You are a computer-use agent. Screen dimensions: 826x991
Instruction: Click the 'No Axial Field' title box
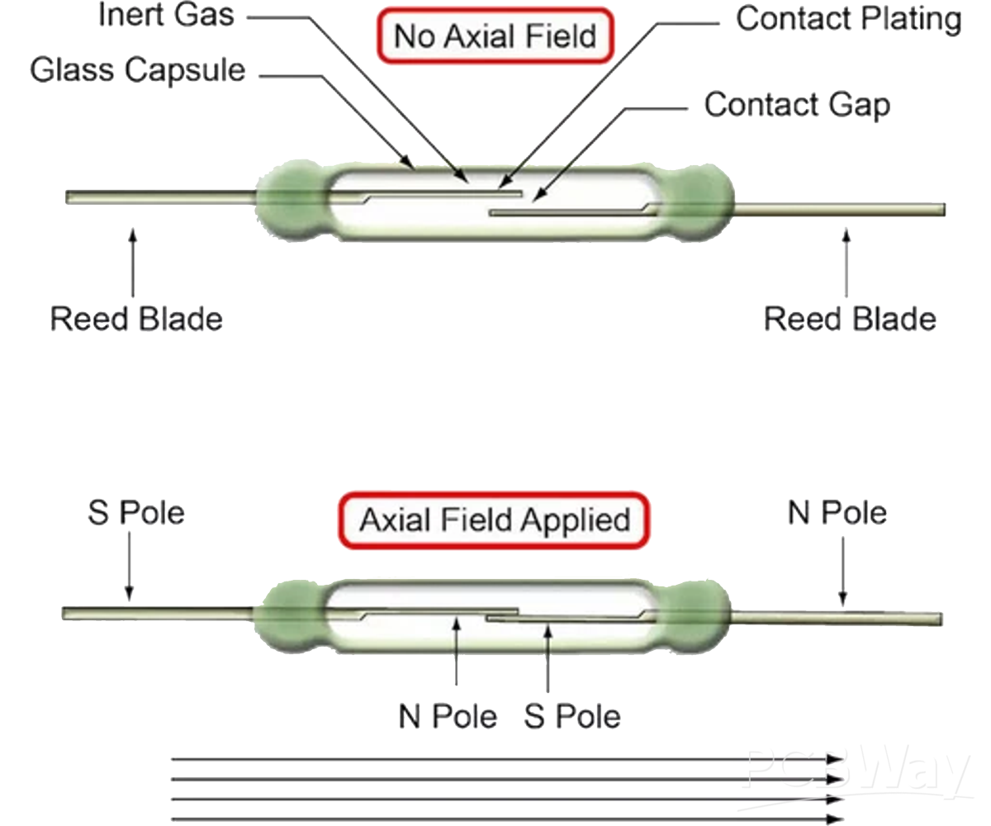(495, 36)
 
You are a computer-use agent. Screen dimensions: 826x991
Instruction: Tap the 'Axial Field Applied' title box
(495, 520)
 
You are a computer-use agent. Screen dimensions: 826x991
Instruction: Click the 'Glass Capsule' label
(138, 69)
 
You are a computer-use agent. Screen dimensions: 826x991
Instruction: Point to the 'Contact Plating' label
(848, 18)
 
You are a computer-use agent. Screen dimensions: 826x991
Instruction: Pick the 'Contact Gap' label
(797, 105)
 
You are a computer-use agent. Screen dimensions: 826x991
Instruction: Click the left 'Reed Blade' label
(136, 319)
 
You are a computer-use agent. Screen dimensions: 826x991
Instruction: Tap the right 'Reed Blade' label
(850, 319)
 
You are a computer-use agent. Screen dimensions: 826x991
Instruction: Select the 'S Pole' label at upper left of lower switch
(136, 513)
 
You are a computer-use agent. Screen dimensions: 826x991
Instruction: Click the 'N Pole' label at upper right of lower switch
(837, 513)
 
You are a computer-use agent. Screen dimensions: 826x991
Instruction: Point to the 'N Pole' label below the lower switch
(448, 715)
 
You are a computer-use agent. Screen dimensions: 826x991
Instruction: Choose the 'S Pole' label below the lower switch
(572, 715)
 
